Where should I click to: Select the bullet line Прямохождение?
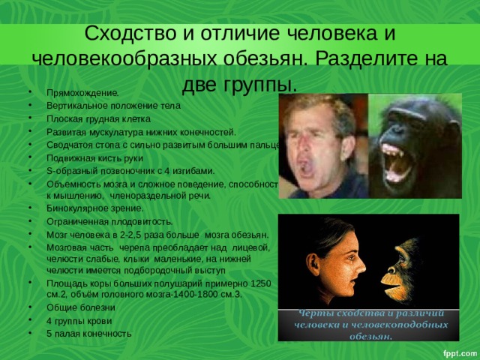(x=82, y=93)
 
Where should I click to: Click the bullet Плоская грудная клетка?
(x=98, y=118)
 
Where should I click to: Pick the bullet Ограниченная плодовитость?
(x=109, y=221)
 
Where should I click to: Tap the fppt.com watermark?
(x=458, y=350)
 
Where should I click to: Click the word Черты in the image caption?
(x=300, y=314)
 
